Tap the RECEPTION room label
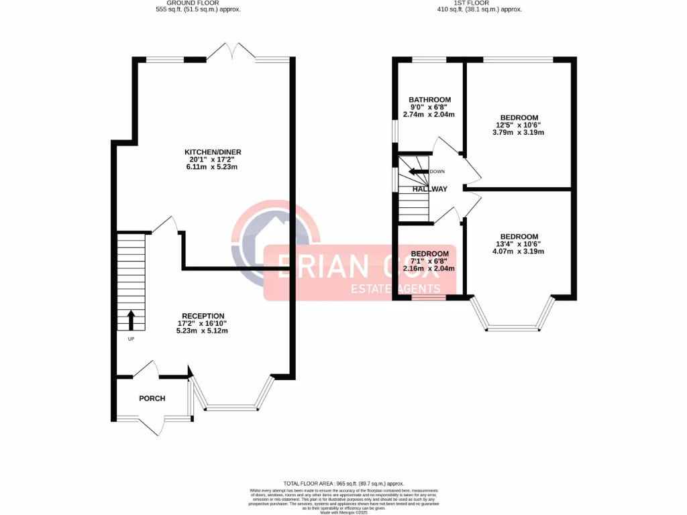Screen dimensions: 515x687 [203, 316]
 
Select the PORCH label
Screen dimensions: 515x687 [152, 398]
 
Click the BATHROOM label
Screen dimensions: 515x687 [430, 100]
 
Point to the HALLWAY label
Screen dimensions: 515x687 [429, 189]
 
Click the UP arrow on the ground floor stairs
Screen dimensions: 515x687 [130, 320]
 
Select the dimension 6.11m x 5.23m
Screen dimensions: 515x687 [213, 167]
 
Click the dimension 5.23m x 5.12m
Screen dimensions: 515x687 [203, 331]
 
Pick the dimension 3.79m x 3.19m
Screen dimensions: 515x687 [518, 132]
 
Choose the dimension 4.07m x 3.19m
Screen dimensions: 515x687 [518, 251]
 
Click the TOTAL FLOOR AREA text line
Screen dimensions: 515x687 [343, 483]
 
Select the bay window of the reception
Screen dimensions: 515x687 [231, 406]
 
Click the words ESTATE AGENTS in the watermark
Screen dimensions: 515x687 [396, 289]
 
